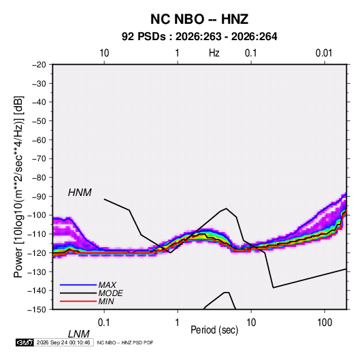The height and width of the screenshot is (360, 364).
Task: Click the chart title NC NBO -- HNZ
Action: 199,19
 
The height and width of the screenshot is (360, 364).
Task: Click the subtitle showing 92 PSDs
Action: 199,37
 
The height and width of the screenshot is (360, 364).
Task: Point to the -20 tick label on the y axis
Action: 39,65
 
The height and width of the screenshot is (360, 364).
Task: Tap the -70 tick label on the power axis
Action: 39,159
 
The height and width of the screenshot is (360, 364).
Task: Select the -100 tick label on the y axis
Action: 37,215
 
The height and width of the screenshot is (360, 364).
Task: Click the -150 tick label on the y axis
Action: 37,310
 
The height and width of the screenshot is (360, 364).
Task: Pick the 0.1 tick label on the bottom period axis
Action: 104,323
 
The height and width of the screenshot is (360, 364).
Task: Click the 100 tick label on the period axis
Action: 325,323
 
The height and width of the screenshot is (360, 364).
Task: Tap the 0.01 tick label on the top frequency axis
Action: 324,53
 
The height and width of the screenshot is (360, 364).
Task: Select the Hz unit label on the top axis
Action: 214,53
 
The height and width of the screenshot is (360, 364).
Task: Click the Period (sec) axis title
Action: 214,330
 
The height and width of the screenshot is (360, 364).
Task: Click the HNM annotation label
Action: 80,193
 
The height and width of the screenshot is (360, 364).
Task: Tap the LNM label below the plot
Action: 79,334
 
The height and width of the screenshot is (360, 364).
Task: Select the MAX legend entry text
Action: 107,285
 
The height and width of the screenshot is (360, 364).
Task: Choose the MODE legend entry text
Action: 110,293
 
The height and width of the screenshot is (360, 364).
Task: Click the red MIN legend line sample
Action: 78,301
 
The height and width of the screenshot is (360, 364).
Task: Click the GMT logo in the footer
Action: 24,342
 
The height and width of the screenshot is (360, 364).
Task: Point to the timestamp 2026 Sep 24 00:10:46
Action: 63,342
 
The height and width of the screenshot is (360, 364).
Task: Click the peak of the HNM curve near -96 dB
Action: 226,208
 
